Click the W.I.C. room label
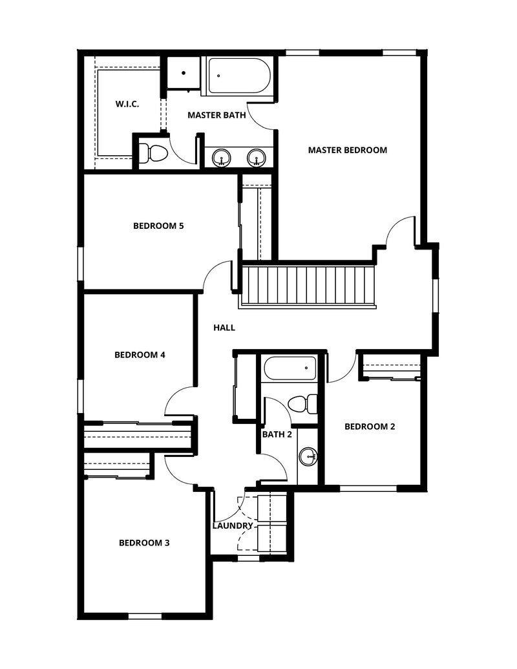pos(128,103)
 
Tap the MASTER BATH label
pos(216,116)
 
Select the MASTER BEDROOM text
pos(347,150)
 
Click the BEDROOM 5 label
pos(159,226)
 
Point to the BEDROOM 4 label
pos(140,355)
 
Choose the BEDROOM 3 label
pos(144,543)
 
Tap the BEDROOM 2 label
pos(370,427)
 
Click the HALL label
pos(224,328)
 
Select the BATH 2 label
pos(277,434)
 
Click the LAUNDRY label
pos(233,526)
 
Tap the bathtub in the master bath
pos(238,78)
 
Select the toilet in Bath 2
pos(301,404)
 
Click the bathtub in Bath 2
pos(290,370)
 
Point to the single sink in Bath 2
pos(308,458)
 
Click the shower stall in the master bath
pos(183,73)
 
